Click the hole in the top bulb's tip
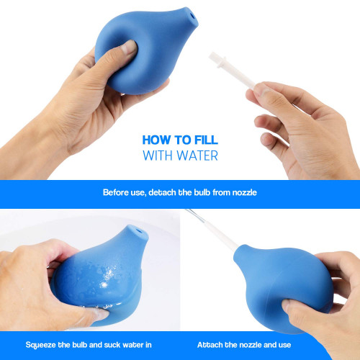click(x=192, y=17)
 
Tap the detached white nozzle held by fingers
click(x=231, y=71)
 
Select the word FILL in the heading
click(x=206, y=140)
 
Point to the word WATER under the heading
click(x=197, y=156)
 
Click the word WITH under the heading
click(x=158, y=156)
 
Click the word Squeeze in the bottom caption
click(x=41, y=345)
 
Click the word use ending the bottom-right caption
click(x=285, y=345)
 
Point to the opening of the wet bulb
click(x=139, y=231)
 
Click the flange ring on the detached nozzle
click(x=222, y=61)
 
